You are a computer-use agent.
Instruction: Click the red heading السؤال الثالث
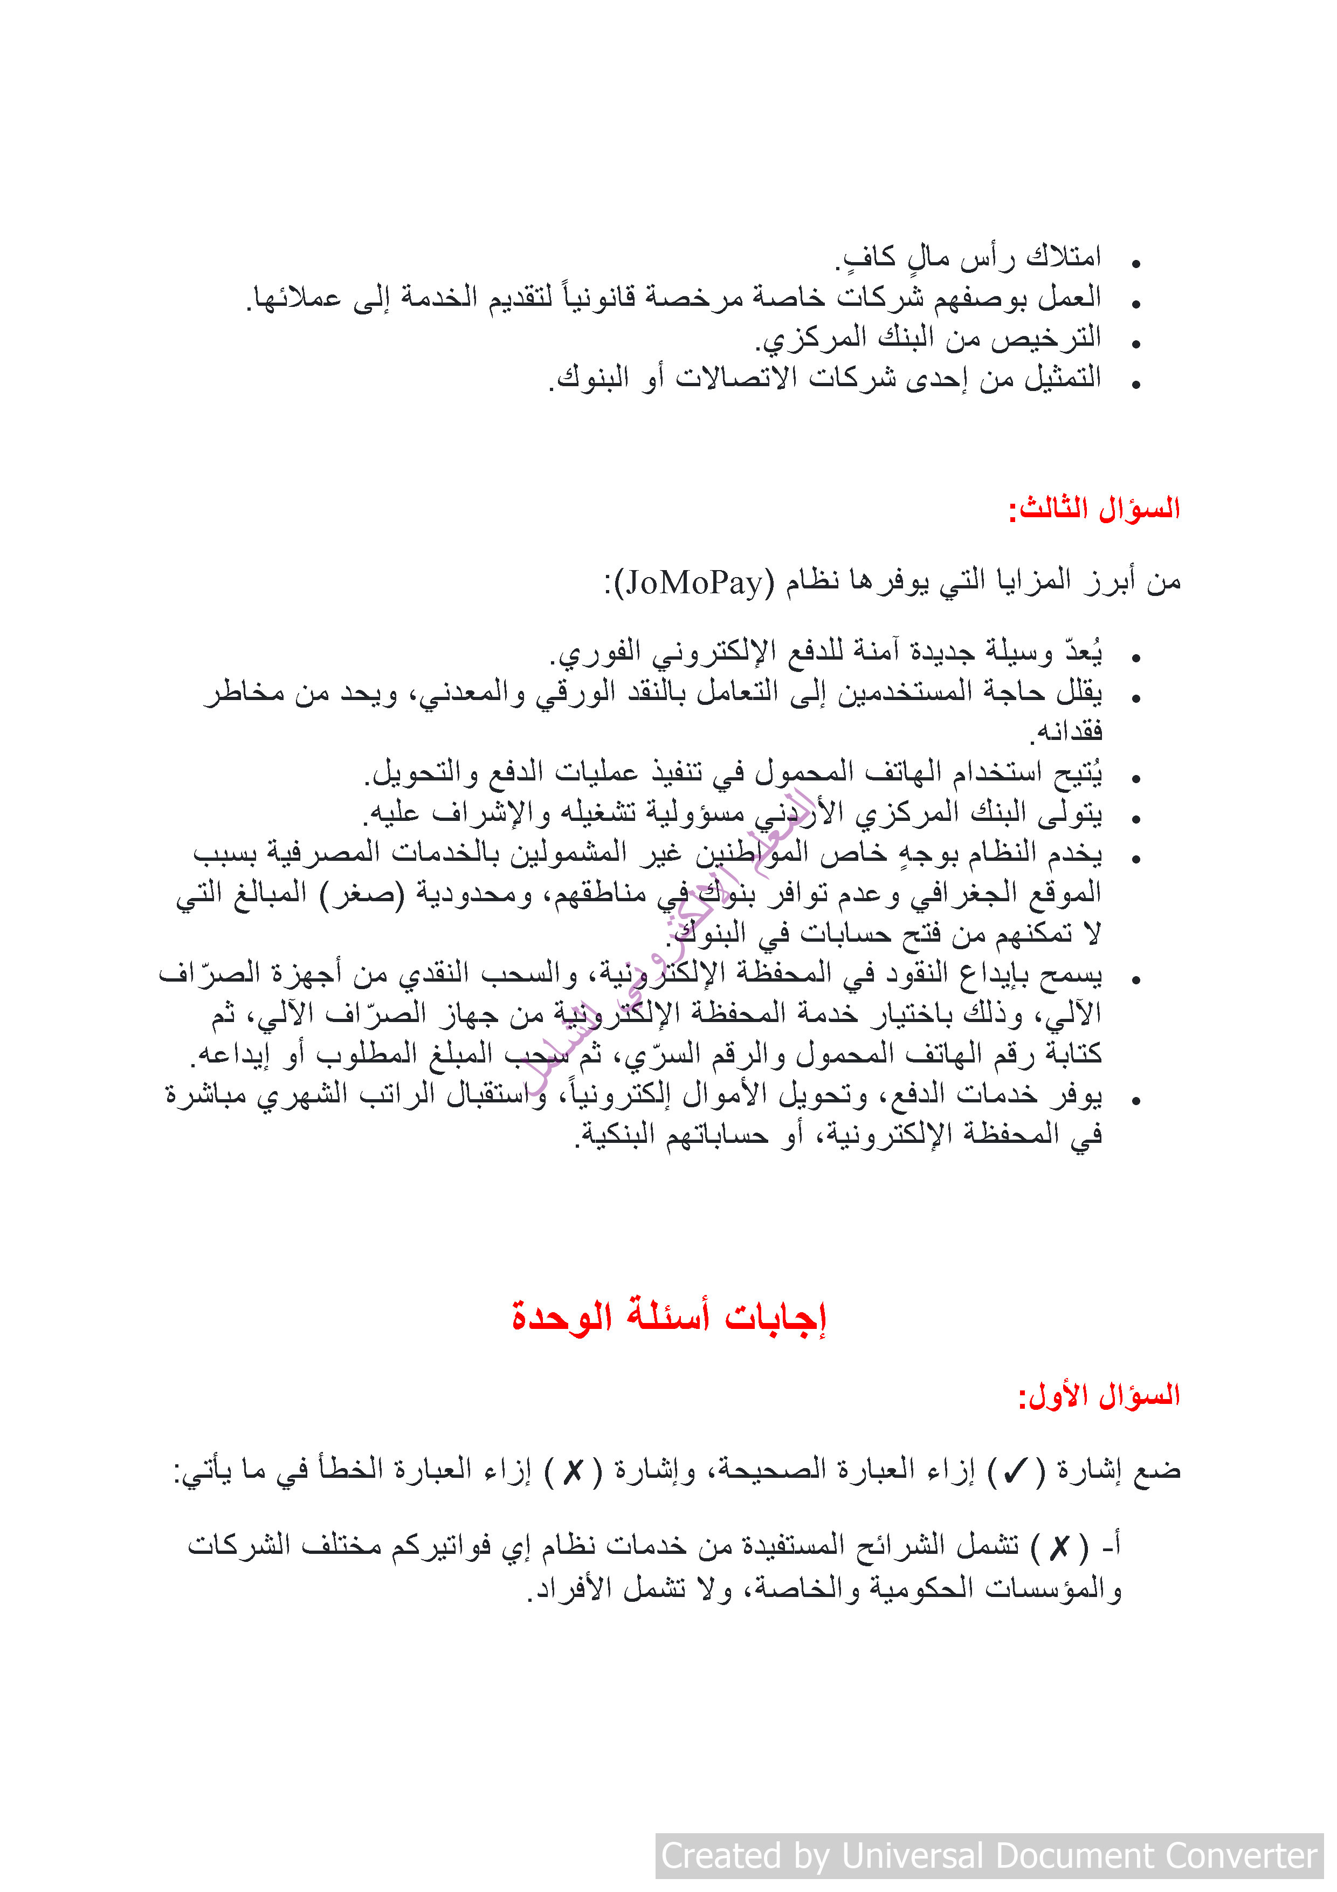point(1095,509)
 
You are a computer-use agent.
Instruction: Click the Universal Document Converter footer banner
point(989,1856)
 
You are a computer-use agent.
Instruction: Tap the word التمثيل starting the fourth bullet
point(1063,378)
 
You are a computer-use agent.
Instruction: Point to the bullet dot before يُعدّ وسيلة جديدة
point(1136,657)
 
